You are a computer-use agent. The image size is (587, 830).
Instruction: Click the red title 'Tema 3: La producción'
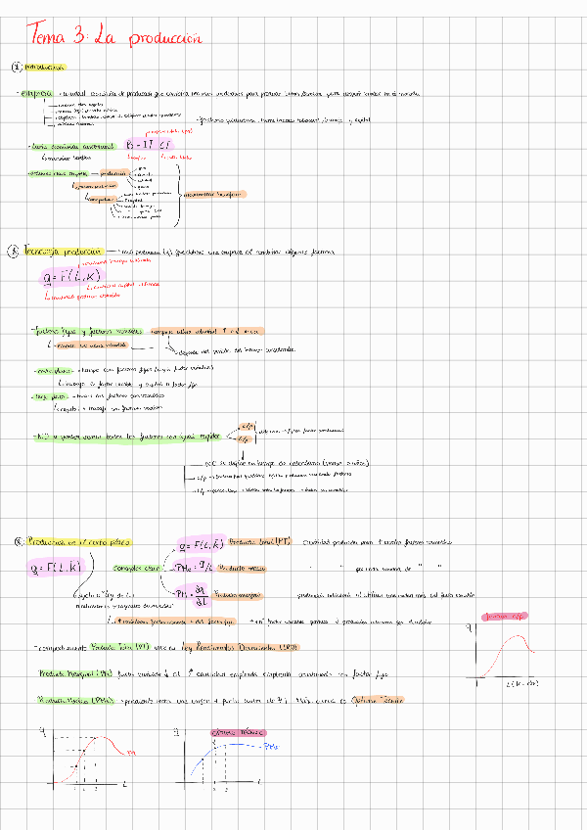(115, 36)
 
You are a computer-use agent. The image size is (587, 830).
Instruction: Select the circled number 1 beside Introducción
(16, 68)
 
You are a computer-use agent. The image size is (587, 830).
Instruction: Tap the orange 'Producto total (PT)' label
(252, 541)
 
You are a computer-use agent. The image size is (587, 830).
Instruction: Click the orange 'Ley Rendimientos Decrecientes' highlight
(248, 647)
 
